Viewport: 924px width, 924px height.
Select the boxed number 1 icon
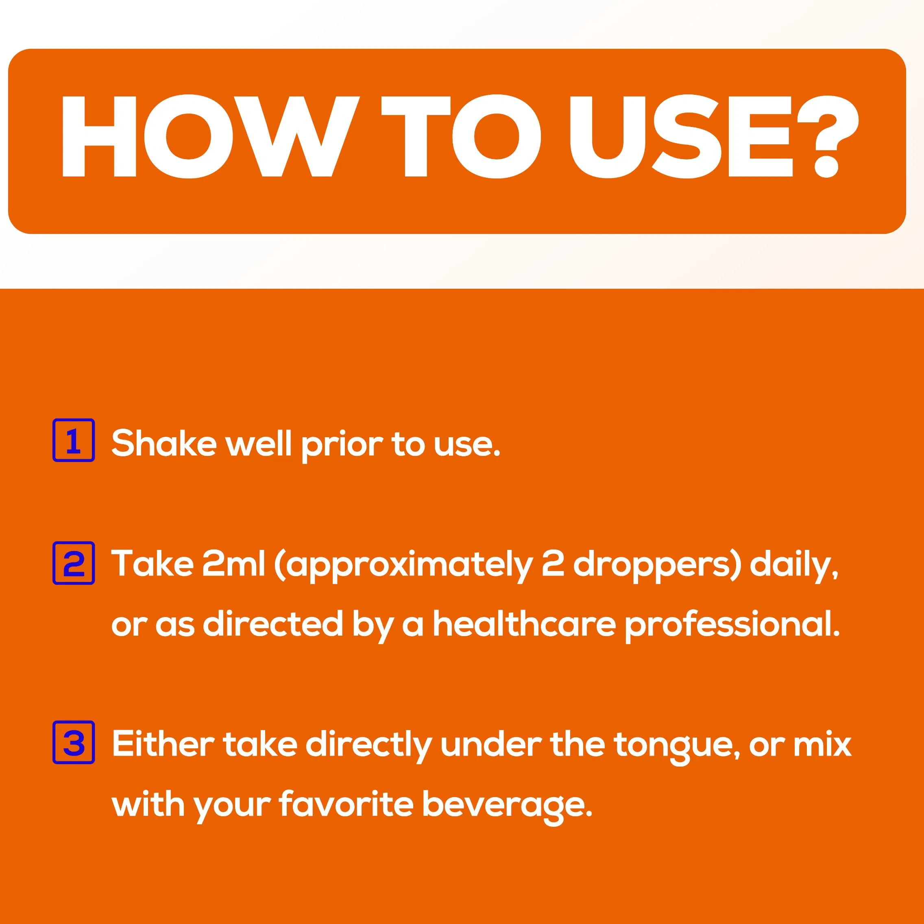(x=73, y=440)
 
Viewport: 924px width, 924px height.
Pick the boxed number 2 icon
(x=73, y=563)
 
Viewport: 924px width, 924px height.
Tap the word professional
(x=732, y=627)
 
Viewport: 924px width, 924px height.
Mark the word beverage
(x=507, y=807)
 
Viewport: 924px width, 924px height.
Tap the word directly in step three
(x=369, y=747)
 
